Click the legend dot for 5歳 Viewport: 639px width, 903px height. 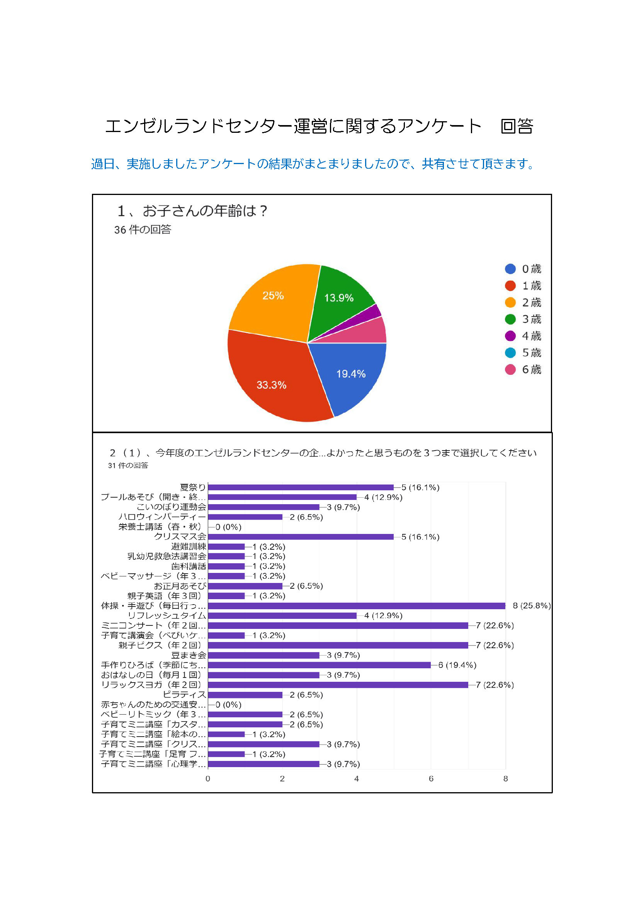pyautogui.click(x=510, y=353)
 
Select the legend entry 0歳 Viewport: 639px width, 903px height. pyautogui.click(x=523, y=269)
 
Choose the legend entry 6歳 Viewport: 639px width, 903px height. pyautogui.click(x=523, y=370)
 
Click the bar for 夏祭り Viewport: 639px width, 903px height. pyautogui.click(x=301, y=487)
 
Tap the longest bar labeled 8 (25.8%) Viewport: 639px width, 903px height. pyautogui.click(x=356, y=606)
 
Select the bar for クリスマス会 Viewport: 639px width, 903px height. pyautogui.click(x=301, y=537)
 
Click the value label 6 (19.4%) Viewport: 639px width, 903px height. pyautogui.click(x=457, y=665)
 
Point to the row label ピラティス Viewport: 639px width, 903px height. pyautogui.click(x=184, y=695)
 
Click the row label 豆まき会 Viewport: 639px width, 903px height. pyautogui.click(x=189, y=655)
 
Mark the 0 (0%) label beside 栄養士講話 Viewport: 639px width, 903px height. pyautogui.click(x=229, y=527)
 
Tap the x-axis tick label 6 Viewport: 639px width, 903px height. pyautogui.click(x=431, y=779)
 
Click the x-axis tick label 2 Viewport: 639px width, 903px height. pyautogui.click(x=282, y=779)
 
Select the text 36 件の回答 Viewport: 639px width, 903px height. pyautogui.click(x=143, y=230)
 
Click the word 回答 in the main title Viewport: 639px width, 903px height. pyautogui.click(x=517, y=126)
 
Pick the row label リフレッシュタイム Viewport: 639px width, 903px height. pyautogui.click(x=167, y=615)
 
